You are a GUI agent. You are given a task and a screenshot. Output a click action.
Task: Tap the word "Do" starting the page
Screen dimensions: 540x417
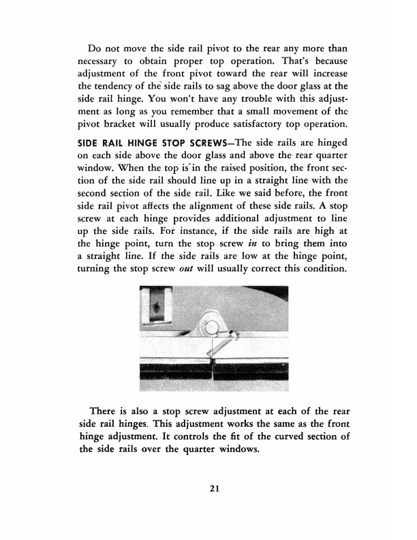coord(96,47)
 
